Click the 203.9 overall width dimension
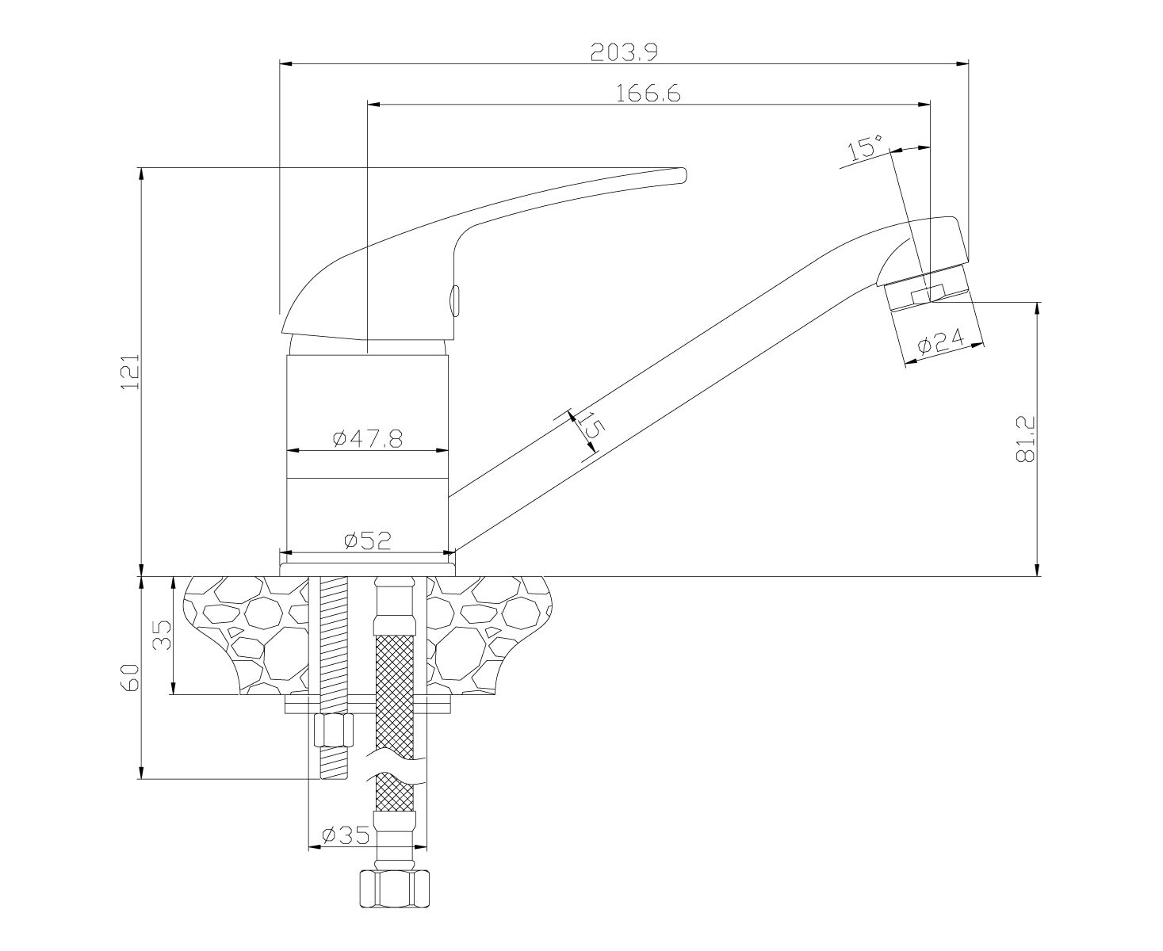[624, 52]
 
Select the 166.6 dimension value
[648, 94]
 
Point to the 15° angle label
[864, 147]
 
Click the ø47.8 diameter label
[368, 438]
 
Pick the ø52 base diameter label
[368, 540]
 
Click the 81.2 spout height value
[1026, 438]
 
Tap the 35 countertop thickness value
[163, 635]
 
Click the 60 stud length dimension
[132, 677]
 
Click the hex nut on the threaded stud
[334, 729]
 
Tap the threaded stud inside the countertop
[334, 634]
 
